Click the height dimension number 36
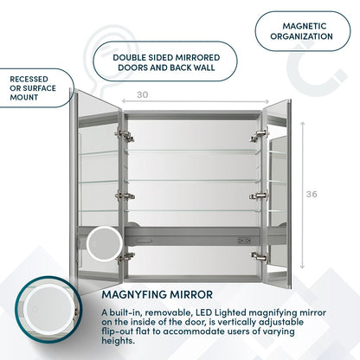point(312,194)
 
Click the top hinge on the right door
point(257,135)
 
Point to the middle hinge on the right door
point(257,196)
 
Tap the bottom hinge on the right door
point(257,256)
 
